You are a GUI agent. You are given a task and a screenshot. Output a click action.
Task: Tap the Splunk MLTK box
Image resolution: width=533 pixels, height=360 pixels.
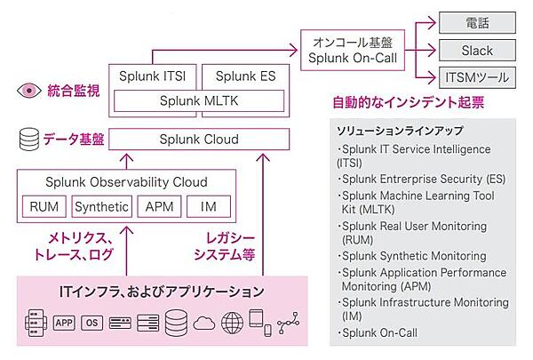click(198, 101)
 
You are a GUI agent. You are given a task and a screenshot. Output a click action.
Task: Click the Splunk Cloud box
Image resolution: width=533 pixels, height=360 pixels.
click(198, 139)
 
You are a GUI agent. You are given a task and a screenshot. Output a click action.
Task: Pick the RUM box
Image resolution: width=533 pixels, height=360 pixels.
click(44, 208)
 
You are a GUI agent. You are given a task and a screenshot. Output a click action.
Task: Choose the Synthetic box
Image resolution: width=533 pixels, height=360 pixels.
click(100, 208)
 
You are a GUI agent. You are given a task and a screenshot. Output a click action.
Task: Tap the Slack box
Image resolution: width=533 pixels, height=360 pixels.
click(478, 50)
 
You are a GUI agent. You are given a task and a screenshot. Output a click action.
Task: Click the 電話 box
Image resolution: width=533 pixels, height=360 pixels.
click(478, 22)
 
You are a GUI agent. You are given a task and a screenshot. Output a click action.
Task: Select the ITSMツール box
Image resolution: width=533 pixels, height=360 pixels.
click(478, 77)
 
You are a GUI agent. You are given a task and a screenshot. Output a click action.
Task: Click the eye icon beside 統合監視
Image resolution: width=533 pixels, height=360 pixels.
click(28, 90)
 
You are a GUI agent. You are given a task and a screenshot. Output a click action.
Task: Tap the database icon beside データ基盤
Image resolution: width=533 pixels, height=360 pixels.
click(28, 138)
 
